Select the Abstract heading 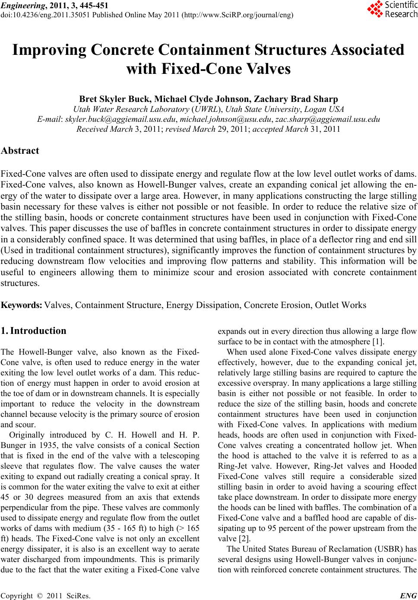coord(20,151)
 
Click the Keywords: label coord(22,305)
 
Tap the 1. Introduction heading coord(34,331)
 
